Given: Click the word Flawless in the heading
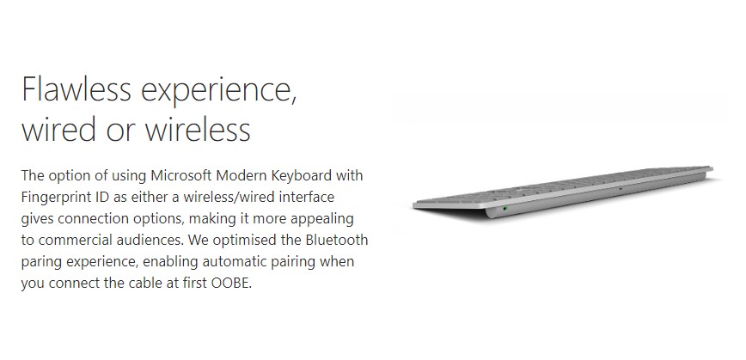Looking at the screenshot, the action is [x=76, y=88].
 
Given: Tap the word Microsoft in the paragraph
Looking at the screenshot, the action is [x=181, y=175].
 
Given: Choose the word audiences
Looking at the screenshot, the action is [x=150, y=240].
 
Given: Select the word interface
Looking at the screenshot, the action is [x=307, y=197].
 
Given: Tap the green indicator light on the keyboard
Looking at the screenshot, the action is [x=505, y=208].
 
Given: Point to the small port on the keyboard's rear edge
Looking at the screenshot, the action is [x=621, y=188].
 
